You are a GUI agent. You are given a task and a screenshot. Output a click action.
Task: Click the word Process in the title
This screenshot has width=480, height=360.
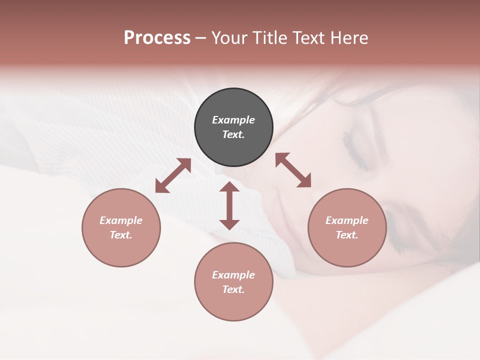pyautogui.click(x=157, y=38)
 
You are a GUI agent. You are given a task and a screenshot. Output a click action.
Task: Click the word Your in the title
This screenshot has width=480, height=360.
pyautogui.click(x=229, y=38)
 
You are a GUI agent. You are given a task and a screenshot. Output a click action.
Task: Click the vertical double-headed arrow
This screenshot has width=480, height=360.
pyautogui.click(x=229, y=206)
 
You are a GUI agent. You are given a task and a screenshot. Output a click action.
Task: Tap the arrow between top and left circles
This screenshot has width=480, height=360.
pyautogui.click(x=173, y=175)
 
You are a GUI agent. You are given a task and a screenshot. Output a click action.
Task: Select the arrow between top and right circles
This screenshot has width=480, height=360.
pyautogui.click(x=293, y=170)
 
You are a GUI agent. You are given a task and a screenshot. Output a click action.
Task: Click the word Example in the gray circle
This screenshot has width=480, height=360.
pyautogui.click(x=233, y=120)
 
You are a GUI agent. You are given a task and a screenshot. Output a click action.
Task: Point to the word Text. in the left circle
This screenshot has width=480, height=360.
pyautogui.click(x=121, y=235)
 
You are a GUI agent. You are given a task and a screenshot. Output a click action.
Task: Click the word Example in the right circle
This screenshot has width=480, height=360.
pyautogui.click(x=347, y=220)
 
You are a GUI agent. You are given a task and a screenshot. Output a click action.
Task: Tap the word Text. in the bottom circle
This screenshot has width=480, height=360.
pyautogui.click(x=233, y=289)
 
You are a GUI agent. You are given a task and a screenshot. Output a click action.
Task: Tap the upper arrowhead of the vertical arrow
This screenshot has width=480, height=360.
pyautogui.click(x=229, y=187)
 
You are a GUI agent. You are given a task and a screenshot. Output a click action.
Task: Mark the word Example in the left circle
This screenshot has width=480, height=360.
pyautogui.click(x=121, y=220)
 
